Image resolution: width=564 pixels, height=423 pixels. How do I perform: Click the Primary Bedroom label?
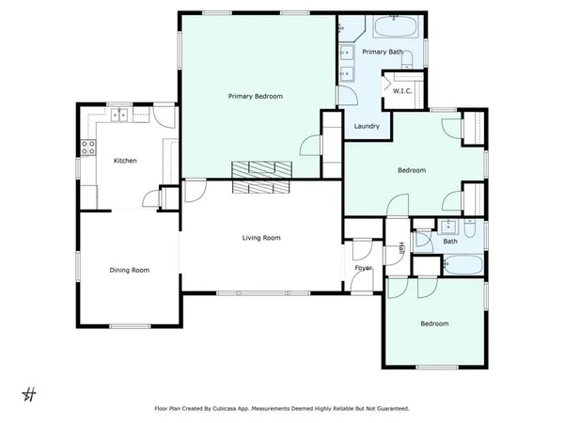tap(256, 96)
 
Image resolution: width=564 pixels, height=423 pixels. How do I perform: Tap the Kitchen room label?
tap(125, 161)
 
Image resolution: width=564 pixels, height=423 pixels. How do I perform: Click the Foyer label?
tap(363, 268)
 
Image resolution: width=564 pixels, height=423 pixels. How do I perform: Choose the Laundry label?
tap(366, 126)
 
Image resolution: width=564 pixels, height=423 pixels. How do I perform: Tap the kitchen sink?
tap(121, 115)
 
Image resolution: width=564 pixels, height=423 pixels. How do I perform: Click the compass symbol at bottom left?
tap(29, 393)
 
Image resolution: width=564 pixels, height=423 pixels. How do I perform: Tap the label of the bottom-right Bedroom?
tap(433, 324)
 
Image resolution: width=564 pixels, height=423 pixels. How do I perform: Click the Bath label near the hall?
tap(450, 242)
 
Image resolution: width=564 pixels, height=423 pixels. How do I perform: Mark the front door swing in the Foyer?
tap(361, 252)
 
